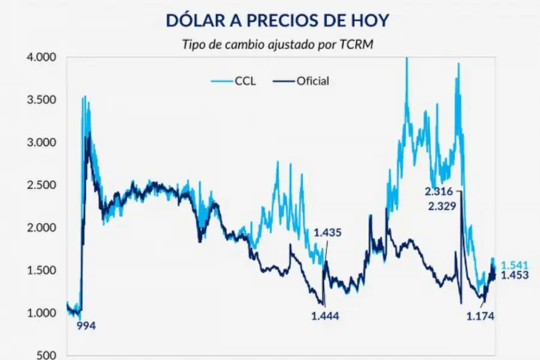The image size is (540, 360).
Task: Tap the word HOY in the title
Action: coord(368,20)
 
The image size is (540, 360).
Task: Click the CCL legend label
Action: coord(245,81)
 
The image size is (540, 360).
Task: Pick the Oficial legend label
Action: coord(313,81)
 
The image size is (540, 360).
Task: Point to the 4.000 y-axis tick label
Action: coord(42,58)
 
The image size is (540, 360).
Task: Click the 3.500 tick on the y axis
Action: coord(42,100)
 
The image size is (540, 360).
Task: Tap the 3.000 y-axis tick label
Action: coord(42,143)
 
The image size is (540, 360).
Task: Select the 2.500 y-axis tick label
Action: coord(42,185)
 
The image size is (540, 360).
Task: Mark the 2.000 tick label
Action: coord(42,228)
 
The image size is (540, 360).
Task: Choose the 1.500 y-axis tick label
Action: coord(42,271)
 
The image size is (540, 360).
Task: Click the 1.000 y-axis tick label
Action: coord(42,313)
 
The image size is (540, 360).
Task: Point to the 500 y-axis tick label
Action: coord(47,355)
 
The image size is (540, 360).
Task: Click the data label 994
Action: coord(86,326)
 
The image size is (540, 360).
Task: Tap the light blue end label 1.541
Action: coord(515,265)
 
